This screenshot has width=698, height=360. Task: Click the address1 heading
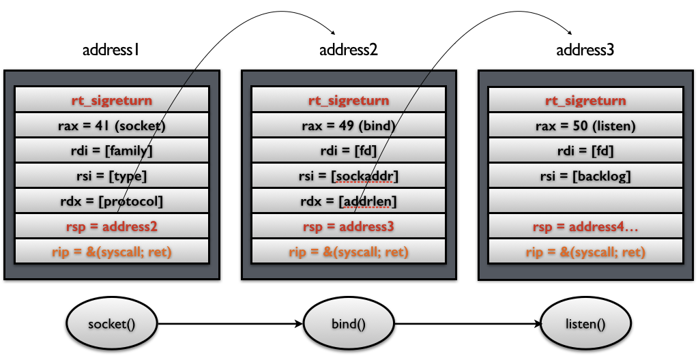point(111,49)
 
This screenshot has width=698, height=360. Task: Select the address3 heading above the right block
point(585,49)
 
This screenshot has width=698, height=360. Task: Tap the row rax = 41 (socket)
point(112,125)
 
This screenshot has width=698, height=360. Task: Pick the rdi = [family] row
point(112,151)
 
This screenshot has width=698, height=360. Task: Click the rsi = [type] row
point(112,176)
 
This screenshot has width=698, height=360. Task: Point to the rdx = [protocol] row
point(112,201)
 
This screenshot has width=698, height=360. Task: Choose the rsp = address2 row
point(112,226)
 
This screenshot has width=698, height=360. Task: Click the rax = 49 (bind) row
point(349,125)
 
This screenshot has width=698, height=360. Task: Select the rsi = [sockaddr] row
point(349,176)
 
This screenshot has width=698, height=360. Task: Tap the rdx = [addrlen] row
point(349,201)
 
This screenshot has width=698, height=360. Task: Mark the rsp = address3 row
point(349,226)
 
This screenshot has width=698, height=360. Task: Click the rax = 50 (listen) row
point(585,125)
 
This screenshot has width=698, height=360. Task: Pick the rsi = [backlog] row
point(585,176)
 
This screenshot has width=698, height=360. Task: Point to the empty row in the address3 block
point(585,201)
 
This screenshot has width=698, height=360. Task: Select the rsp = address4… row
point(585,226)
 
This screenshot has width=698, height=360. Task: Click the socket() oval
point(112,323)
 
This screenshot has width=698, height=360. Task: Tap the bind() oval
point(349,323)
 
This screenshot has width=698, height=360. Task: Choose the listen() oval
point(585,323)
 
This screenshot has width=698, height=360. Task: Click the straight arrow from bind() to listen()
point(467,323)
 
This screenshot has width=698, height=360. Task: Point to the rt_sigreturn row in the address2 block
point(349,100)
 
